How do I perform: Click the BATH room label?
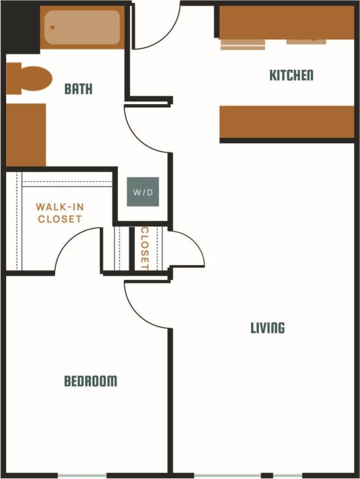point(78,89)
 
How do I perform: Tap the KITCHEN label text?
point(291,75)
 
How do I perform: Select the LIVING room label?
point(268,328)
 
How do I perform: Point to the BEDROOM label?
point(91,381)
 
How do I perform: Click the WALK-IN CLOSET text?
point(59,213)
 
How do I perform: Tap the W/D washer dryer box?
point(143,192)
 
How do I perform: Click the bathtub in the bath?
point(82,28)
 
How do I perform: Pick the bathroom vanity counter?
point(26,135)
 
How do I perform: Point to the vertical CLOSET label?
point(145,249)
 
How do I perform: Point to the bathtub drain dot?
point(53,28)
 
